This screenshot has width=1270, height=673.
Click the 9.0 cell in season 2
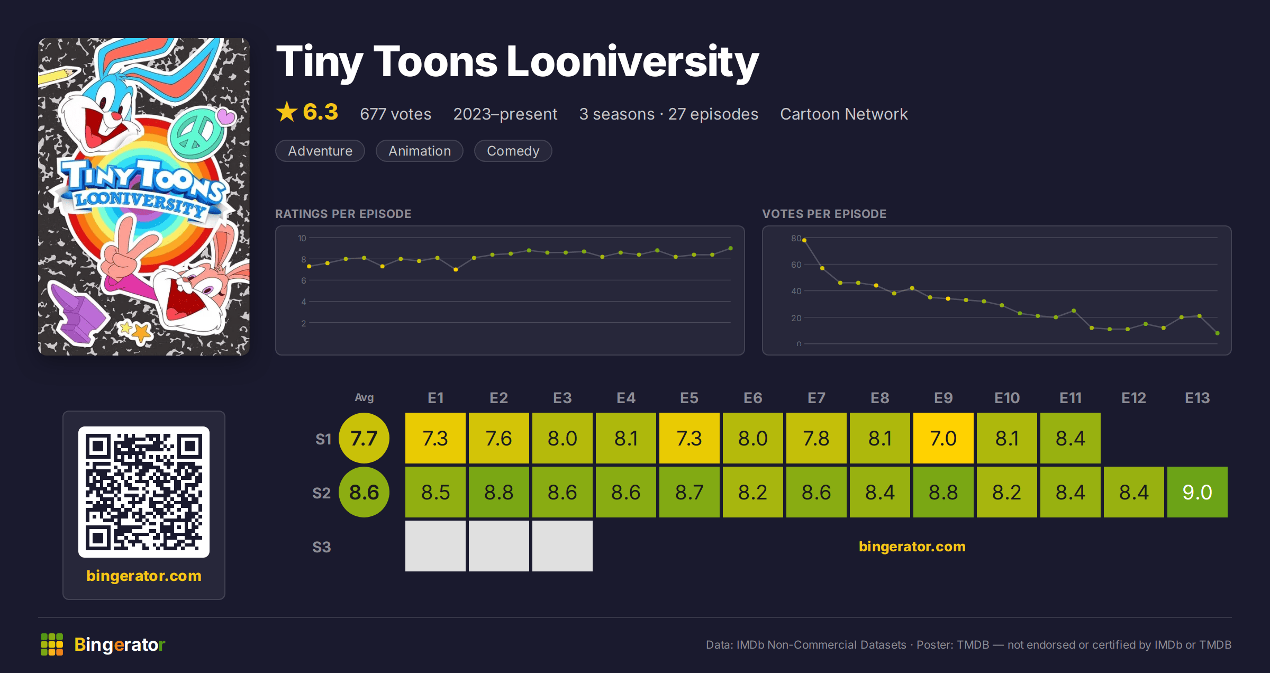1197,492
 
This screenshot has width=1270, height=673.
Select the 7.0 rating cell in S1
943,438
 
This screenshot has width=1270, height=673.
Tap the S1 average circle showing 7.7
364,438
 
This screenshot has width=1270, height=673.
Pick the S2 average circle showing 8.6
364,492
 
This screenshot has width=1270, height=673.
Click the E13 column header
1197,398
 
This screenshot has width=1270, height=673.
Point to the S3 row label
321,547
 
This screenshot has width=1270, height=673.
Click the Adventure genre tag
320,151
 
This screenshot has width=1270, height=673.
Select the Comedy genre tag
513,151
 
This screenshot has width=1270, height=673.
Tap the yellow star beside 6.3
287,112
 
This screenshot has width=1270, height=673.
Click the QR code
144,492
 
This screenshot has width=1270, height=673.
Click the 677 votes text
395,114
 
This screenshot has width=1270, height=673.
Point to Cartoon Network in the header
843,114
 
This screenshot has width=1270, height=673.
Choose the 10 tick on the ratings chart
302,238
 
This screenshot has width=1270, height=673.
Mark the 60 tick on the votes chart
796,265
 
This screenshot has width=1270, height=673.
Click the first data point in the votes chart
804,240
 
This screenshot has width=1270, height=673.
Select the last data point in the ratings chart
731,248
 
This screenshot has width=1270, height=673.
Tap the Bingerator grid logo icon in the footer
52,644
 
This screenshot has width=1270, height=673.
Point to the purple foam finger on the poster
77,312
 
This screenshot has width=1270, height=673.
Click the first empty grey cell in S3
435,546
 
